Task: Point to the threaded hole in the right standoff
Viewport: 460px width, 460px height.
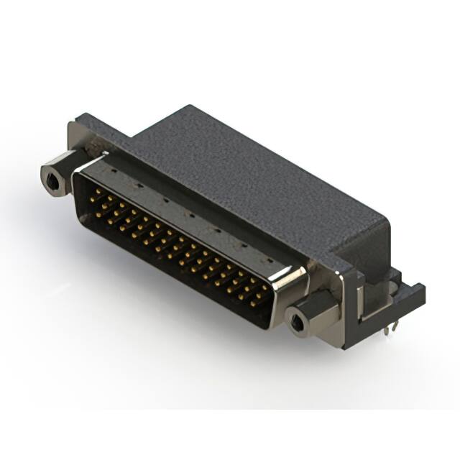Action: [x=296, y=321]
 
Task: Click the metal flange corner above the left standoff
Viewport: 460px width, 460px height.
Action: [x=78, y=133]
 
